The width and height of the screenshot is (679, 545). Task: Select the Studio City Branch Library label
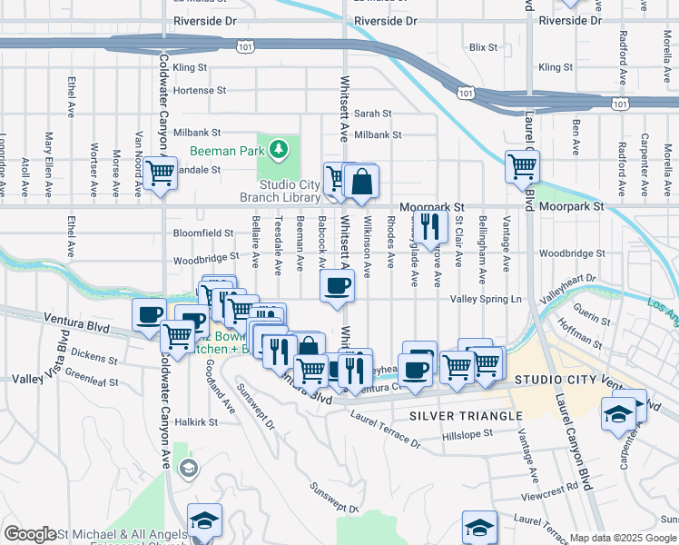[x=280, y=191]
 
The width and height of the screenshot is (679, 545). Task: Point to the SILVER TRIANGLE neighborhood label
[x=466, y=415]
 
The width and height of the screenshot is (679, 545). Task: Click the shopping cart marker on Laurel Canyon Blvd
[x=523, y=166]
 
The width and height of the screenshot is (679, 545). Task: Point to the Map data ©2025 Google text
[x=623, y=539]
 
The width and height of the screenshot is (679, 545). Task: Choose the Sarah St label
[x=372, y=114]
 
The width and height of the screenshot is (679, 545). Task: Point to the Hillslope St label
[x=467, y=434]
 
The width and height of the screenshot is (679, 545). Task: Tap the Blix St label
[x=483, y=46]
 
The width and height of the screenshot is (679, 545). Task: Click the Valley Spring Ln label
[x=487, y=299]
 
